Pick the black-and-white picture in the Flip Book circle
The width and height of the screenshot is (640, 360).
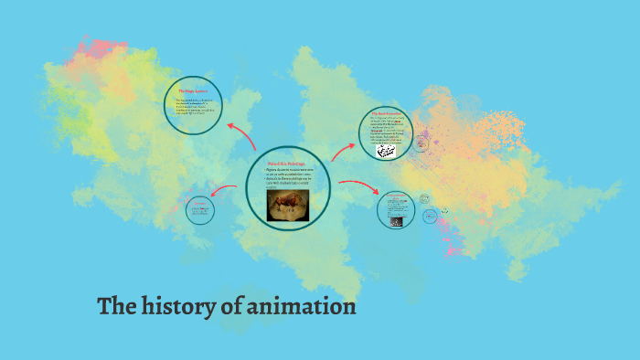tap(387, 150)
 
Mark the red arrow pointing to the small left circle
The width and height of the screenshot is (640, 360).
tap(223, 190)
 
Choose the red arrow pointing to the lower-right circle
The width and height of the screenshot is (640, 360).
tap(358, 186)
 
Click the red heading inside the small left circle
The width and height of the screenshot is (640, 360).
tap(200, 204)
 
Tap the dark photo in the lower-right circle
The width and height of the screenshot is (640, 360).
tap(396, 220)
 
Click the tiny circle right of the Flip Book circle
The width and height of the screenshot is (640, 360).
tap(421, 143)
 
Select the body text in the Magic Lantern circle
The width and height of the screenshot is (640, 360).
tap(194, 108)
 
